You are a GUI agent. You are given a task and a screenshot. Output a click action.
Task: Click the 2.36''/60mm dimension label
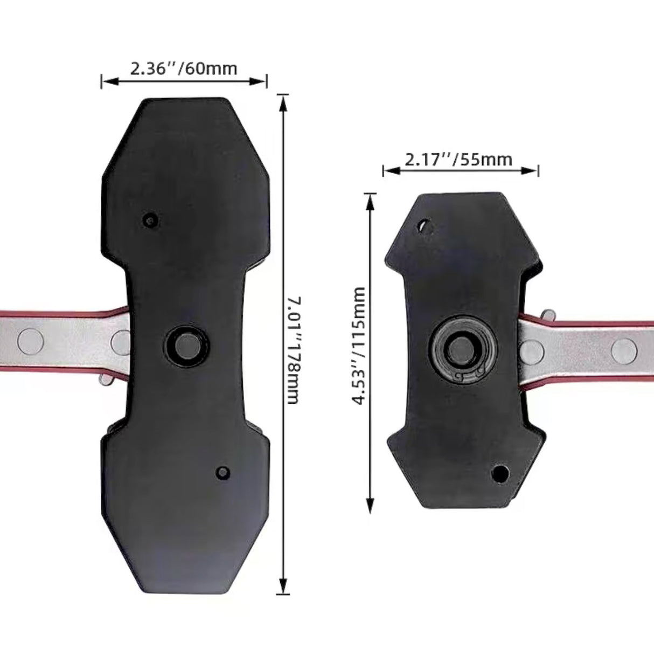coord(184,68)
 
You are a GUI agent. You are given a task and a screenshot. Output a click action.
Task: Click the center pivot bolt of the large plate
coord(185,344)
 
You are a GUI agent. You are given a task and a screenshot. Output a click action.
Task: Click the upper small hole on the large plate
coord(150,220)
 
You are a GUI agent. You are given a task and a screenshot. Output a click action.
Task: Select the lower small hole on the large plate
coord(222,472)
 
